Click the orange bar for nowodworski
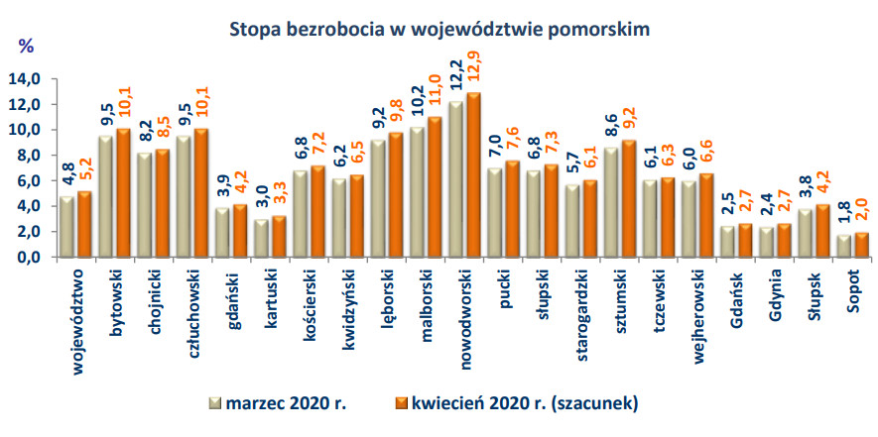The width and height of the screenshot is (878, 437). tap(474, 174)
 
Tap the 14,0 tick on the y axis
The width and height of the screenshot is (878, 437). tap(25, 79)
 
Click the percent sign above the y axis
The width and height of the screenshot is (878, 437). tap(26, 45)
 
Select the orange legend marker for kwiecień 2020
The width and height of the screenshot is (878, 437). tap(402, 402)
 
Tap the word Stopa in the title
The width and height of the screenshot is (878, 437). tap(253, 28)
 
